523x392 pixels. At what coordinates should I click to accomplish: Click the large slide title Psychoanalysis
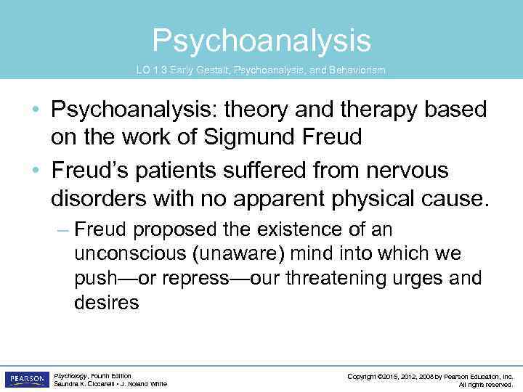coord(261,41)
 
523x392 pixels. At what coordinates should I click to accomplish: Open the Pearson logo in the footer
coord(27,380)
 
